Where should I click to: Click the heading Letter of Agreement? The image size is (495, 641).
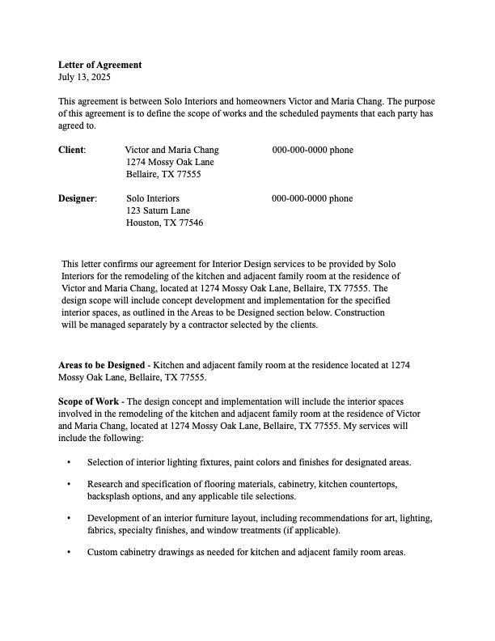coord(99,65)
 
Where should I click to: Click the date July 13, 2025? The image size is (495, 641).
coord(84,77)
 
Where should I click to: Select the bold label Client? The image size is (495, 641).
coord(71,150)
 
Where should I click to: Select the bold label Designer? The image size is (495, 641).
coord(77,198)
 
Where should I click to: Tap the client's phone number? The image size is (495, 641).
coord(312,150)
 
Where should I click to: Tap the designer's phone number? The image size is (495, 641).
coord(312,198)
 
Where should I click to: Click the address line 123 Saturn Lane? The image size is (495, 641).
coord(158,210)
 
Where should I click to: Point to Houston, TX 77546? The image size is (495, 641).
coord(165,223)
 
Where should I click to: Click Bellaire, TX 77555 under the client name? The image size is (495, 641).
coord(163,174)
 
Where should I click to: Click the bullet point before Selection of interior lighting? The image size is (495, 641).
coord(69,462)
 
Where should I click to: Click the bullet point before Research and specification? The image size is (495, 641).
coord(69,484)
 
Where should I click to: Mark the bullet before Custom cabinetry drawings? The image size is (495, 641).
coord(69,553)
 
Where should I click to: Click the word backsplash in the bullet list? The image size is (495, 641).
coord(110,496)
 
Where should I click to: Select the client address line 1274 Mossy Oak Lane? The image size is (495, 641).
coord(170,162)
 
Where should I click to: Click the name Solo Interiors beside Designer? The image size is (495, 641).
coord(153,198)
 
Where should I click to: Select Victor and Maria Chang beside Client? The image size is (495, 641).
coord(171,150)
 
